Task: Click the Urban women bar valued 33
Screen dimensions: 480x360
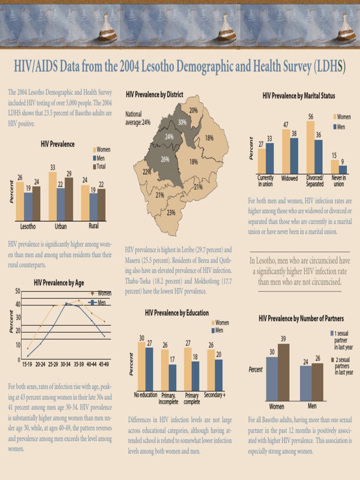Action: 52,196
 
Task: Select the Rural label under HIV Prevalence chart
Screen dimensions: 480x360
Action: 93,226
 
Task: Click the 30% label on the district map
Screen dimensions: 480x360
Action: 182,122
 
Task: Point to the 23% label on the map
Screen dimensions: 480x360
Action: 171,212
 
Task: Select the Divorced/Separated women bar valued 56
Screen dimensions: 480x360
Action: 310,147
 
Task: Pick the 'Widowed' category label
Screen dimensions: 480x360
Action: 290,179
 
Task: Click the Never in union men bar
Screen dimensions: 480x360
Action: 343,169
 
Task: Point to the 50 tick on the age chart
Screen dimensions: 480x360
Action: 17,291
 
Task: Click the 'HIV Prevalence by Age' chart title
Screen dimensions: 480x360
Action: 59,283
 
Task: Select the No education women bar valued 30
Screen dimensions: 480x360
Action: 141,366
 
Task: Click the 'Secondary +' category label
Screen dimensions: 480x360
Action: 215,395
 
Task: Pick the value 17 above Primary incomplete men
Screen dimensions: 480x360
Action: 172,360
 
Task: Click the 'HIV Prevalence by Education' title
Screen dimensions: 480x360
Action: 177,313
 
